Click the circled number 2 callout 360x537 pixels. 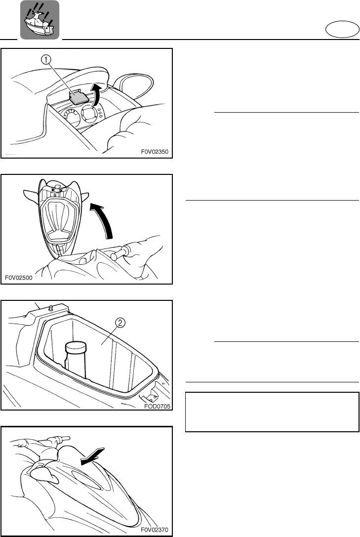[120, 324]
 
